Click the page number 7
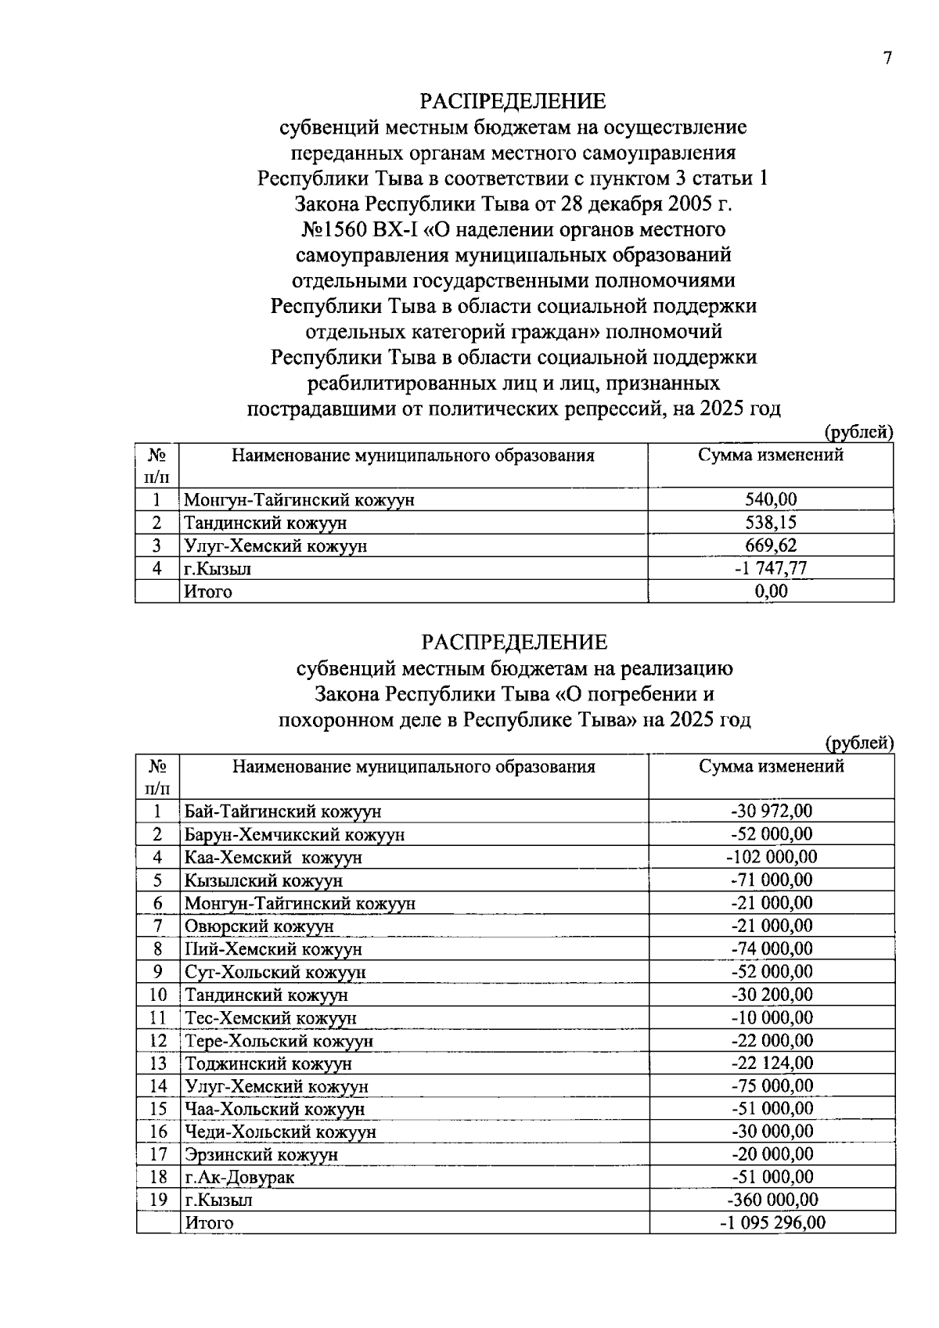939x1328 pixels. (x=887, y=59)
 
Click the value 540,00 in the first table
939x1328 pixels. (x=771, y=499)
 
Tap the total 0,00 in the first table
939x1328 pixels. (x=771, y=591)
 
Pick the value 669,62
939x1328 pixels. (x=771, y=545)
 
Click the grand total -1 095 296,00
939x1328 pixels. (x=772, y=1222)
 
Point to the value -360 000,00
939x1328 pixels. (x=772, y=1200)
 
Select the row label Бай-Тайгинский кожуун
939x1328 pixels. (x=282, y=812)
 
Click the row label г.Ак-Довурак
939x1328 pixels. (x=239, y=1177)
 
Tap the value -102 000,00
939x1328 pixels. (x=772, y=857)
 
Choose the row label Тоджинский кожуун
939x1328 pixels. (x=268, y=1063)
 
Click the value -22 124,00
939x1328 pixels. (x=772, y=1063)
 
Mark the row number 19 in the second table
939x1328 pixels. (x=158, y=1200)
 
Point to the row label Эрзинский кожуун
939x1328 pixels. (x=261, y=1154)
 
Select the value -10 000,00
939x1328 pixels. (x=772, y=1017)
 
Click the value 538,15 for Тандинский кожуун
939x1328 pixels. (x=771, y=522)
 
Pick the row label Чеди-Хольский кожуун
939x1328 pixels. (x=280, y=1132)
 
